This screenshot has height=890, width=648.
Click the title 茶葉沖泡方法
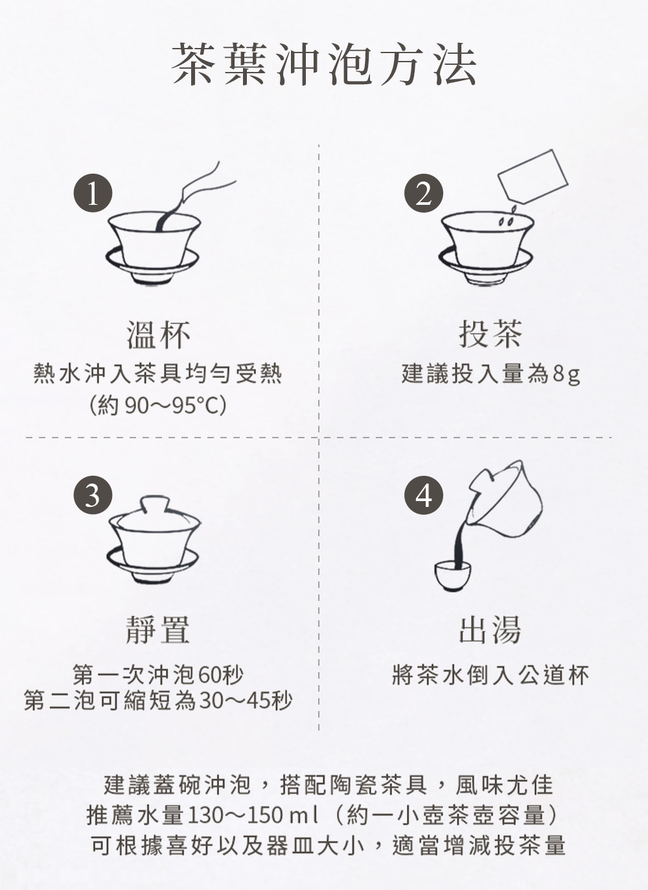pos(324,65)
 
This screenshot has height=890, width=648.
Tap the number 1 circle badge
pos(93,193)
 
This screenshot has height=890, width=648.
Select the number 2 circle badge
pos(424,193)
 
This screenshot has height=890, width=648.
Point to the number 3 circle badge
pos(93,495)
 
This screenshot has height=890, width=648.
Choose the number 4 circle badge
pos(424,495)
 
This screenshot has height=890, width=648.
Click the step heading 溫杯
pos(159,335)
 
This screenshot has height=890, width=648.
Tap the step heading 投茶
pos(490,334)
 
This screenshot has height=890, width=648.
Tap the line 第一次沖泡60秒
pos(157,675)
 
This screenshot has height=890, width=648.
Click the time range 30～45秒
pos(246,701)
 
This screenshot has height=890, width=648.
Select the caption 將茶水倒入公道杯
pos(491,675)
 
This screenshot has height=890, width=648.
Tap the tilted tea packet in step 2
pos(533,176)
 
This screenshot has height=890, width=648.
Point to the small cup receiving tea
pos(452,576)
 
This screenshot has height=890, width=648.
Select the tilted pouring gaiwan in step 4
pos(505,500)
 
